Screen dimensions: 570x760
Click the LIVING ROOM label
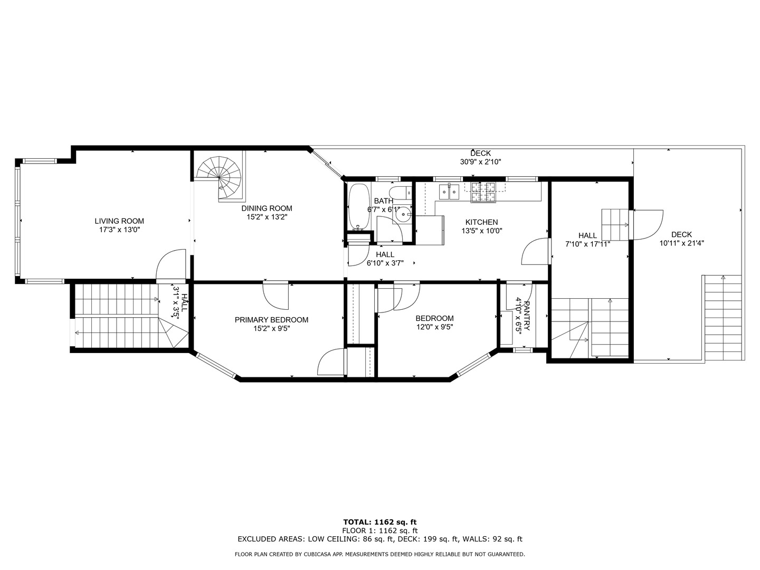119,221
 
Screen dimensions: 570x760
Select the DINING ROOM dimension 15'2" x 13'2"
267,217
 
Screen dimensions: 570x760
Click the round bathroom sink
405,214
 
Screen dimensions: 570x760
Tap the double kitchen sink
449,192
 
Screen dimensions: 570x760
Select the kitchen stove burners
483,192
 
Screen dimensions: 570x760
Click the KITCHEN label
481,222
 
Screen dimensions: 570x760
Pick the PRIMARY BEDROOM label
271,320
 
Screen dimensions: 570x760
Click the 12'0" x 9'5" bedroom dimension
434,327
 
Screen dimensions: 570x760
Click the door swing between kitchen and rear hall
535,252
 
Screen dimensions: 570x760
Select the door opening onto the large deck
648,224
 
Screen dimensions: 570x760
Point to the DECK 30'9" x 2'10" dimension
480,162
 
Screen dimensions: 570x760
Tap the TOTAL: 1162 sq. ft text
379,522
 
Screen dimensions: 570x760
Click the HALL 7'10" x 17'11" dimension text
587,244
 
